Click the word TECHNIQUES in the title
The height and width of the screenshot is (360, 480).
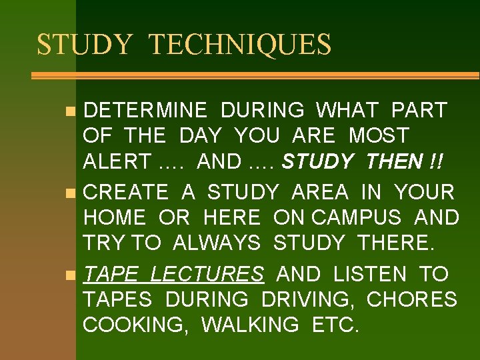(x=239, y=45)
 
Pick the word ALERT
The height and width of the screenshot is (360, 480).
(x=117, y=161)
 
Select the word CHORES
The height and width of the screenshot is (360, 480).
(x=412, y=300)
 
